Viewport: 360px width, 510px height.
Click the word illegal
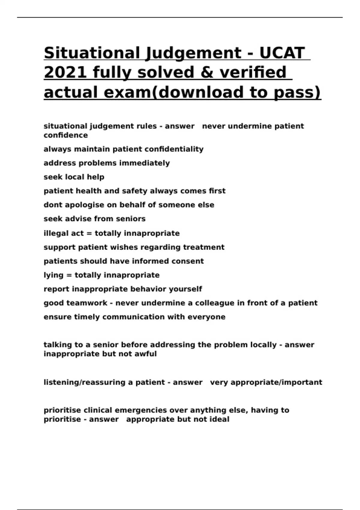53,233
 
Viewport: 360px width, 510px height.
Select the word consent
187,261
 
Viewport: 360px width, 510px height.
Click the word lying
53,275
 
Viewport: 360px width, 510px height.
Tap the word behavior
148,289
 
